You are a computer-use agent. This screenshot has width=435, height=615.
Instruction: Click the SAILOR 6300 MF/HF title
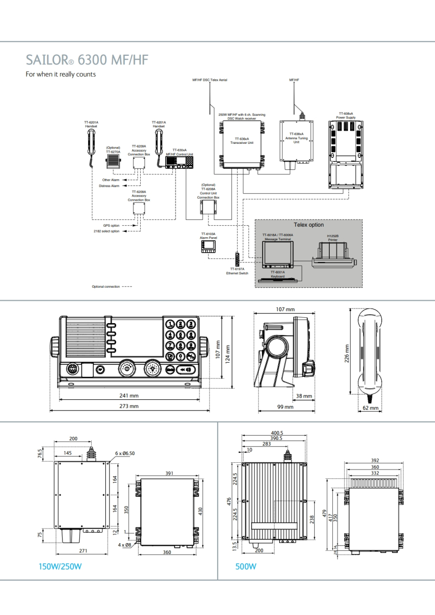coord(87,60)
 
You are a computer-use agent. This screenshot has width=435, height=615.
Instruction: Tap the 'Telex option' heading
coord(309,225)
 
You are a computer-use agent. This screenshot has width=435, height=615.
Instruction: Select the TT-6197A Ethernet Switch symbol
coord(237,259)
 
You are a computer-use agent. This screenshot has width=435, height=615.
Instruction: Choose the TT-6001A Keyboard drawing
coord(278,280)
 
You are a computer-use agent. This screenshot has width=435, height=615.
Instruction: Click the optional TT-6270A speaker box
coord(113,161)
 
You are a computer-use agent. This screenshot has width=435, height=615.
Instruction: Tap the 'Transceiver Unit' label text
coord(242,143)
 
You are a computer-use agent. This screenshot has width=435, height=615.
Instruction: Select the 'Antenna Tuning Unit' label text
coord(296,140)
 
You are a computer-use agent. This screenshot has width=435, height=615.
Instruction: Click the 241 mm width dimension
coord(129,396)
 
